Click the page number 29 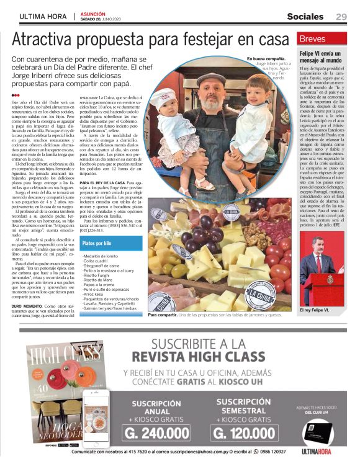click(341, 16)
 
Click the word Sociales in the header click(305, 16)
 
